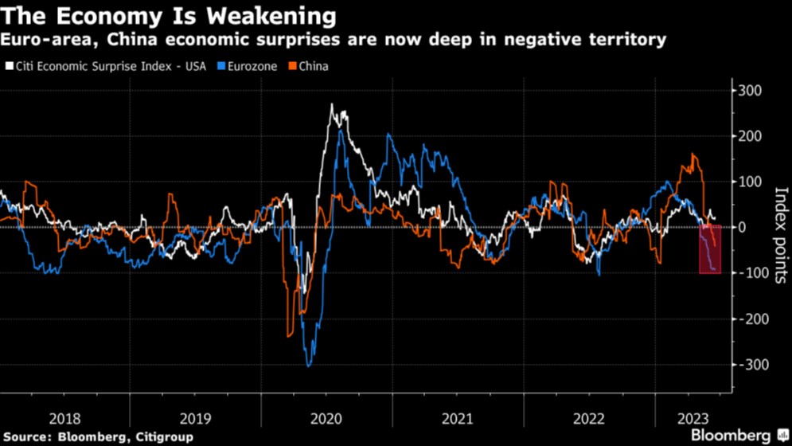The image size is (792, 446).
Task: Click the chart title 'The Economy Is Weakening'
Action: pyautogui.click(x=168, y=16)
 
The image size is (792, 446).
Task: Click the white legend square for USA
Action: pyautogui.click(x=10, y=66)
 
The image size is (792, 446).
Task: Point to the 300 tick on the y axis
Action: pyautogui.click(x=750, y=91)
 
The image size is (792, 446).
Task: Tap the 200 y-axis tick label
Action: pyautogui.click(x=750, y=136)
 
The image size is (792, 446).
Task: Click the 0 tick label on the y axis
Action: pyautogui.click(x=743, y=228)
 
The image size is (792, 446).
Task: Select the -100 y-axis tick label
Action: pyautogui.click(x=752, y=273)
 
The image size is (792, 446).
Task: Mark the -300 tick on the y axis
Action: pyautogui.click(x=752, y=365)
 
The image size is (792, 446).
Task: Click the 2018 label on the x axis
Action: pyautogui.click(x=64, y=418)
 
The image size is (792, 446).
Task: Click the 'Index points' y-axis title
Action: pyautogui.click(x=781, y=235)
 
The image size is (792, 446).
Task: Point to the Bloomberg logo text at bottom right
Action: pyautogui.click(x=730, y=435)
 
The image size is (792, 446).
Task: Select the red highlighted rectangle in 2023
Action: pyautogui.click(x=711, y=249)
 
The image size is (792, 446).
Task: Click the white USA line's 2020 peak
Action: pyautogui.click(x=332, y=105)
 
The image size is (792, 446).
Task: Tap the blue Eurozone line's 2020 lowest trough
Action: pyautogui.click(x=309, y=366)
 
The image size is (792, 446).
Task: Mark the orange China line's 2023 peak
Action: pyautogui.click(x=693, y=154)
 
